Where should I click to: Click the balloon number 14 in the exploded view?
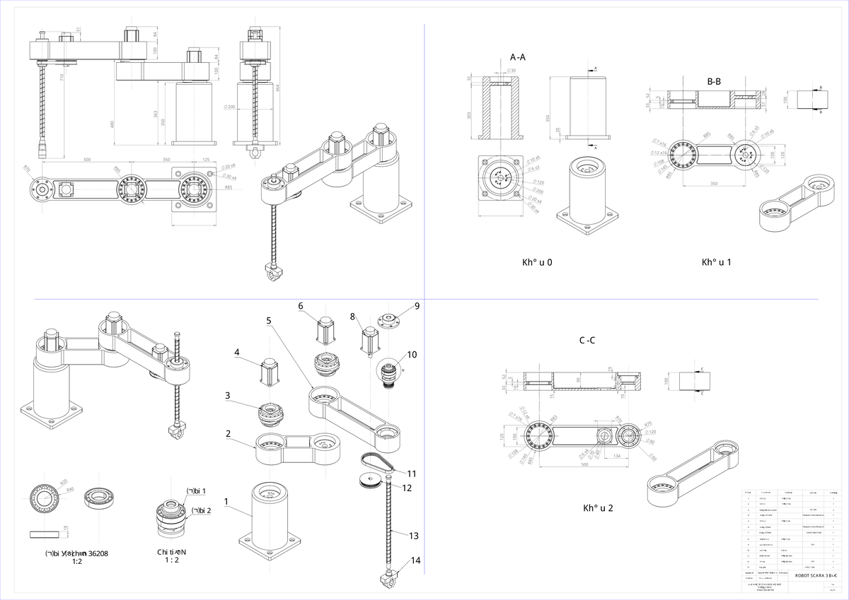pos(415,560)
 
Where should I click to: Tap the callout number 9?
pos(417,306)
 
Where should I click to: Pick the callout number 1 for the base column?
pos(226,501)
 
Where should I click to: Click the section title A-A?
pos(517,57)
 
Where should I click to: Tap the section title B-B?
pos(714,81)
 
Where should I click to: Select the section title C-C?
pos(587,340)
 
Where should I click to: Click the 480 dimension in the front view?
pos(112,124)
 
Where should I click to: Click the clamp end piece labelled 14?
pos(388,580)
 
